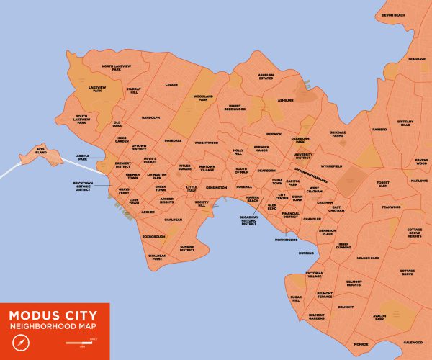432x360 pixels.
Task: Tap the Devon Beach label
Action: click(x=394, y=15)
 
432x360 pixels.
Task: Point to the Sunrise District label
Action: click(x=187, y=248)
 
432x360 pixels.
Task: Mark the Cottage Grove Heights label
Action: click(x=414, y=233)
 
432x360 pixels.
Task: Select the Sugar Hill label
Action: click(x=295, y=298)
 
